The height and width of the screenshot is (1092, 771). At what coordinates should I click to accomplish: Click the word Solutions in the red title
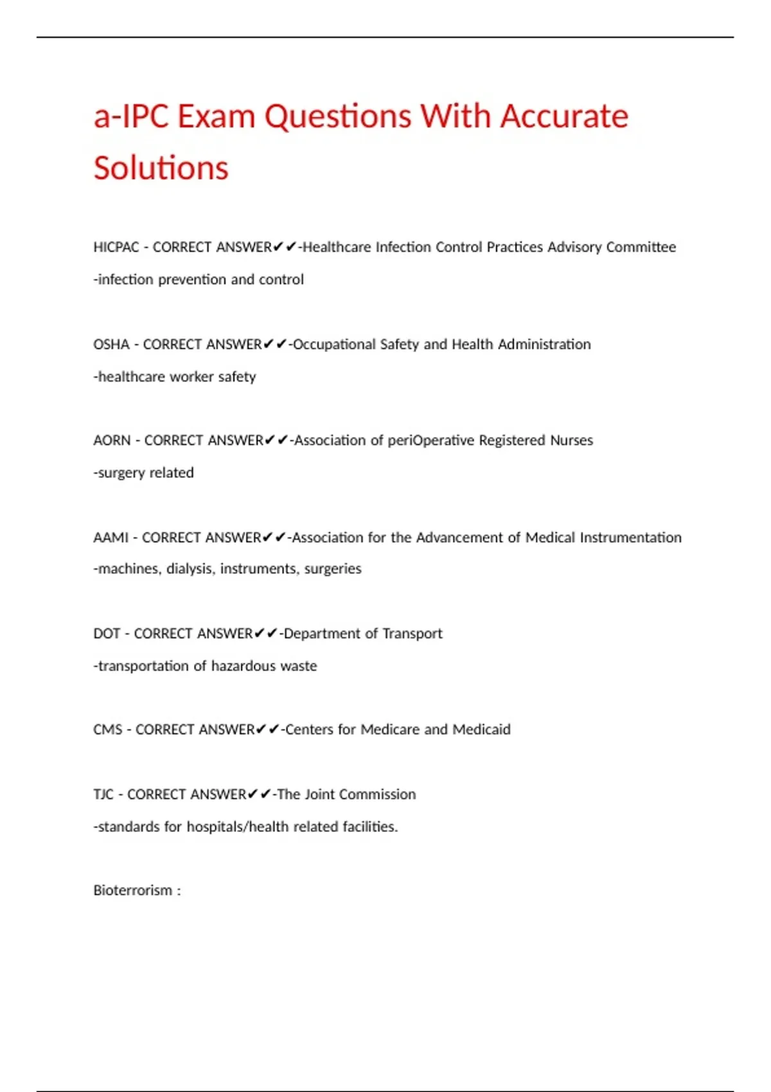[161, 168]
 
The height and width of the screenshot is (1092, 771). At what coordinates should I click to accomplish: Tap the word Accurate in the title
[564, 117]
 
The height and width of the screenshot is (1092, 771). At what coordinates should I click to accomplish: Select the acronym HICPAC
[116, 247]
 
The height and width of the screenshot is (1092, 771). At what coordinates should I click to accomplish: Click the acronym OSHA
[111, 344]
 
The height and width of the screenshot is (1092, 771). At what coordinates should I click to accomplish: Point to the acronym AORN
[112, 441]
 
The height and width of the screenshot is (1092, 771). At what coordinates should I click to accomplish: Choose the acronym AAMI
[111, 538]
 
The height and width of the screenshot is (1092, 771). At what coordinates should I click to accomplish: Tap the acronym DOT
[107, 634]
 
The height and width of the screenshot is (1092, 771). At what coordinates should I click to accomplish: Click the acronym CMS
[107, 730]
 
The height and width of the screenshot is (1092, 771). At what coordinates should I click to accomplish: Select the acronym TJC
[103, 795]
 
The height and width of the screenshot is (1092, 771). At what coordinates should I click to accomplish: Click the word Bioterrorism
[132, 891]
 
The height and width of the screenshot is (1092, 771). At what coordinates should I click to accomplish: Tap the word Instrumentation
[630, 538]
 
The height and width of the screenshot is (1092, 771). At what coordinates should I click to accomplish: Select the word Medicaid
[481, 730]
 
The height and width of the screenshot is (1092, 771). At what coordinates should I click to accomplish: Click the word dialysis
[190, 569]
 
